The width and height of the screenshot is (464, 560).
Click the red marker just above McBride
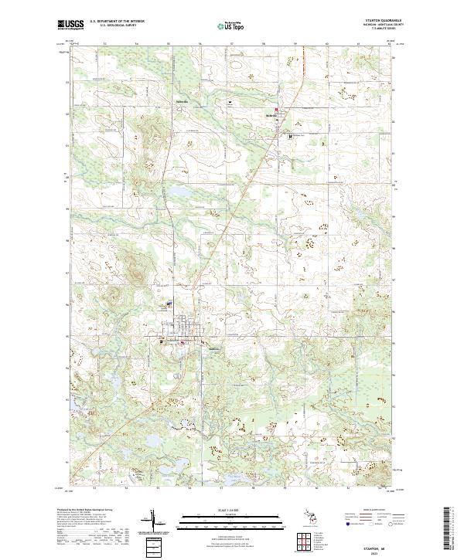click(x=276, y=110)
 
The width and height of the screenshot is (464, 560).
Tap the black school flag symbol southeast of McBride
click(x=289, y=136)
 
